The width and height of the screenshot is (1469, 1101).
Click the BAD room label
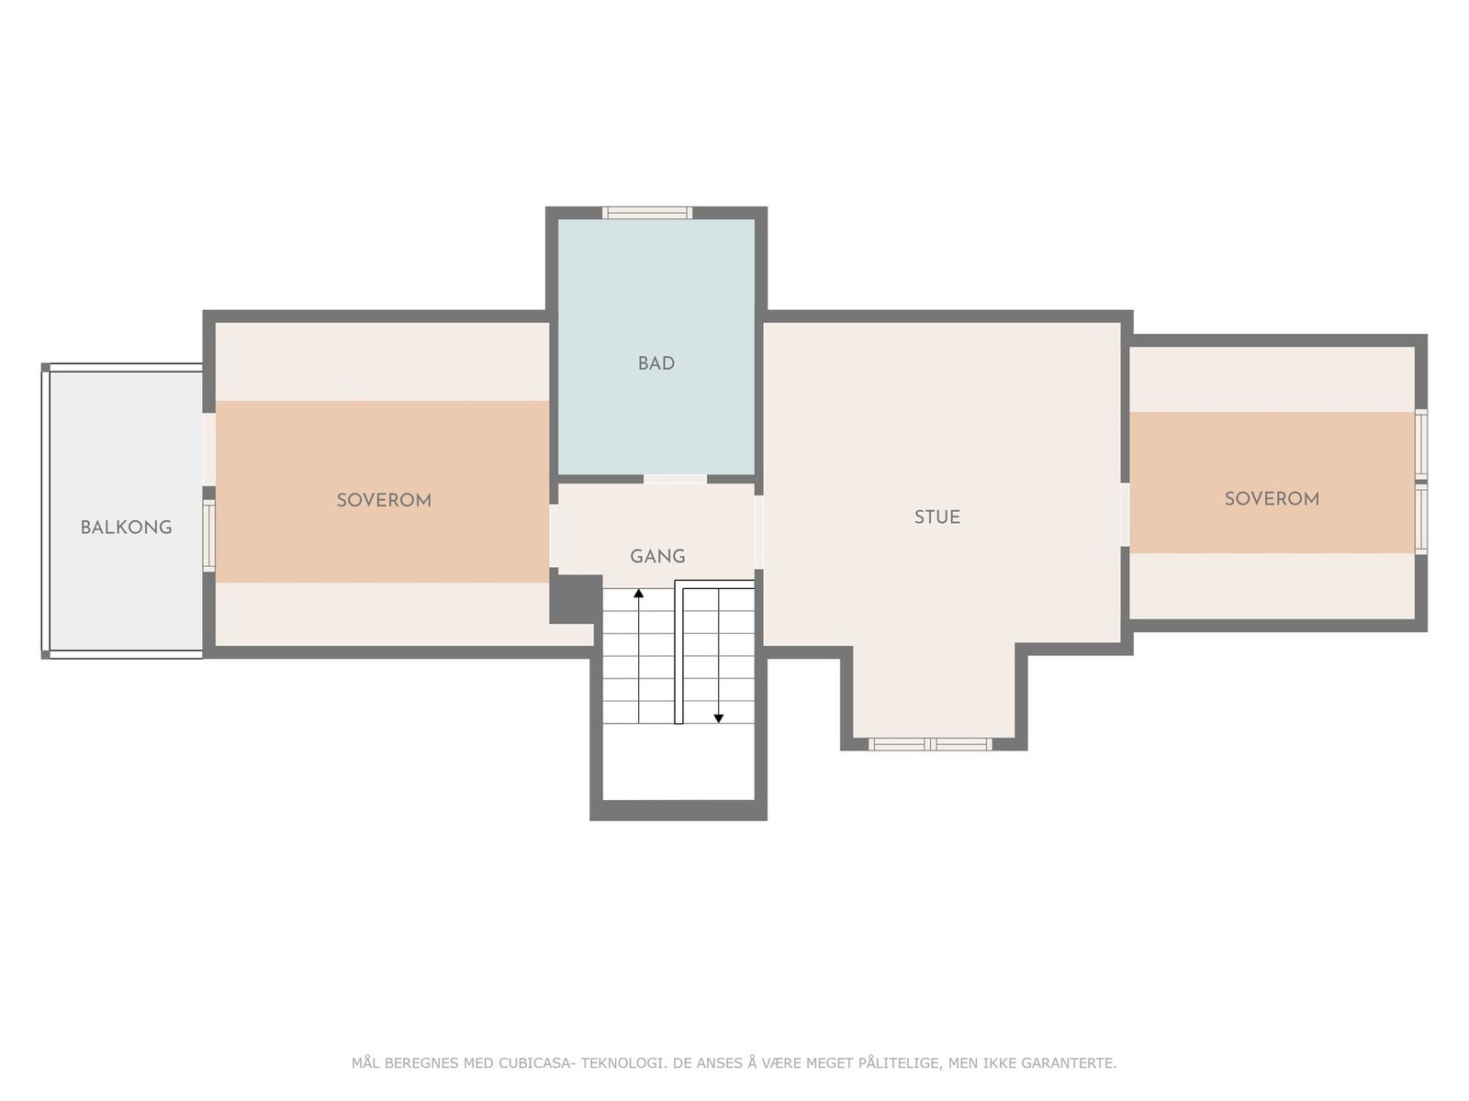coord(656,363)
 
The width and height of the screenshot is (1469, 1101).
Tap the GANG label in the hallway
coord(657,556)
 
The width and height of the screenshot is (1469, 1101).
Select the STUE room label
coord(937,517)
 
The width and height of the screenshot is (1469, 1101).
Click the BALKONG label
coord(126,528)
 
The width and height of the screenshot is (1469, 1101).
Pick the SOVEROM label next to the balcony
coord(384,500)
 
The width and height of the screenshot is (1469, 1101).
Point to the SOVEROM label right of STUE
coord(1272,498)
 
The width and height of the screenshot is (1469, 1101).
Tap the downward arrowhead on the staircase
coord(719,717)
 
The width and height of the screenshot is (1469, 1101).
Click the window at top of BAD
coord(647,213)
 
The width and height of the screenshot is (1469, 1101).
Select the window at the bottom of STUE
coord(930,744)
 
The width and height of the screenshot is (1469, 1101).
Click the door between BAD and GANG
coord(675,479)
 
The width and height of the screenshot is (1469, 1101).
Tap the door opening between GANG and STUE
coord(759,531)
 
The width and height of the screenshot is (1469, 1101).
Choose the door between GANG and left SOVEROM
coord(554,536)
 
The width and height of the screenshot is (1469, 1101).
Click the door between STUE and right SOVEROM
coord(1126,514)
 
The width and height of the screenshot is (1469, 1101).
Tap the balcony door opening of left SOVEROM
coord(209,450)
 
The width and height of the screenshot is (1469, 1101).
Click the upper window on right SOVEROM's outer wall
coord(1420,443)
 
